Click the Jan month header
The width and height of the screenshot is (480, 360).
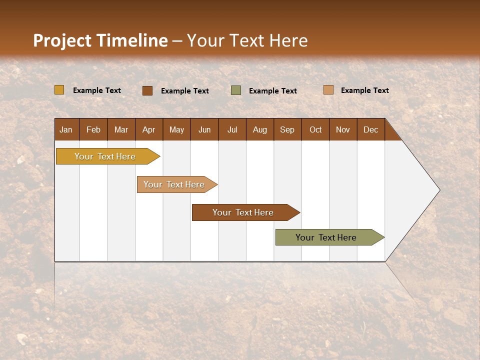point(66,130)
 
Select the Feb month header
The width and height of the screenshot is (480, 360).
point(93,130)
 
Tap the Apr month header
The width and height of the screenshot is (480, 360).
point(149,130)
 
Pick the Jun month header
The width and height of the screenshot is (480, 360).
point(204,130)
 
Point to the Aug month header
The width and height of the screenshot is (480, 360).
point(260,130)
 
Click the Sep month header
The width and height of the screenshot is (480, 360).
point(287,130)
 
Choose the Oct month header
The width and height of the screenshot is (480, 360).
point(315,130)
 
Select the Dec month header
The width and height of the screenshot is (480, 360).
point(371,130)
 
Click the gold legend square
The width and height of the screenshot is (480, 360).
point(59,90)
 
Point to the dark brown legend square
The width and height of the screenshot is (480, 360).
point(147,90)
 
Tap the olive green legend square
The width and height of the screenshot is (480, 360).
point(236,90)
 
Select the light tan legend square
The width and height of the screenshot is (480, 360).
point(328,90)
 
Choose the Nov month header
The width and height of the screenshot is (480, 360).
point(343,130)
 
